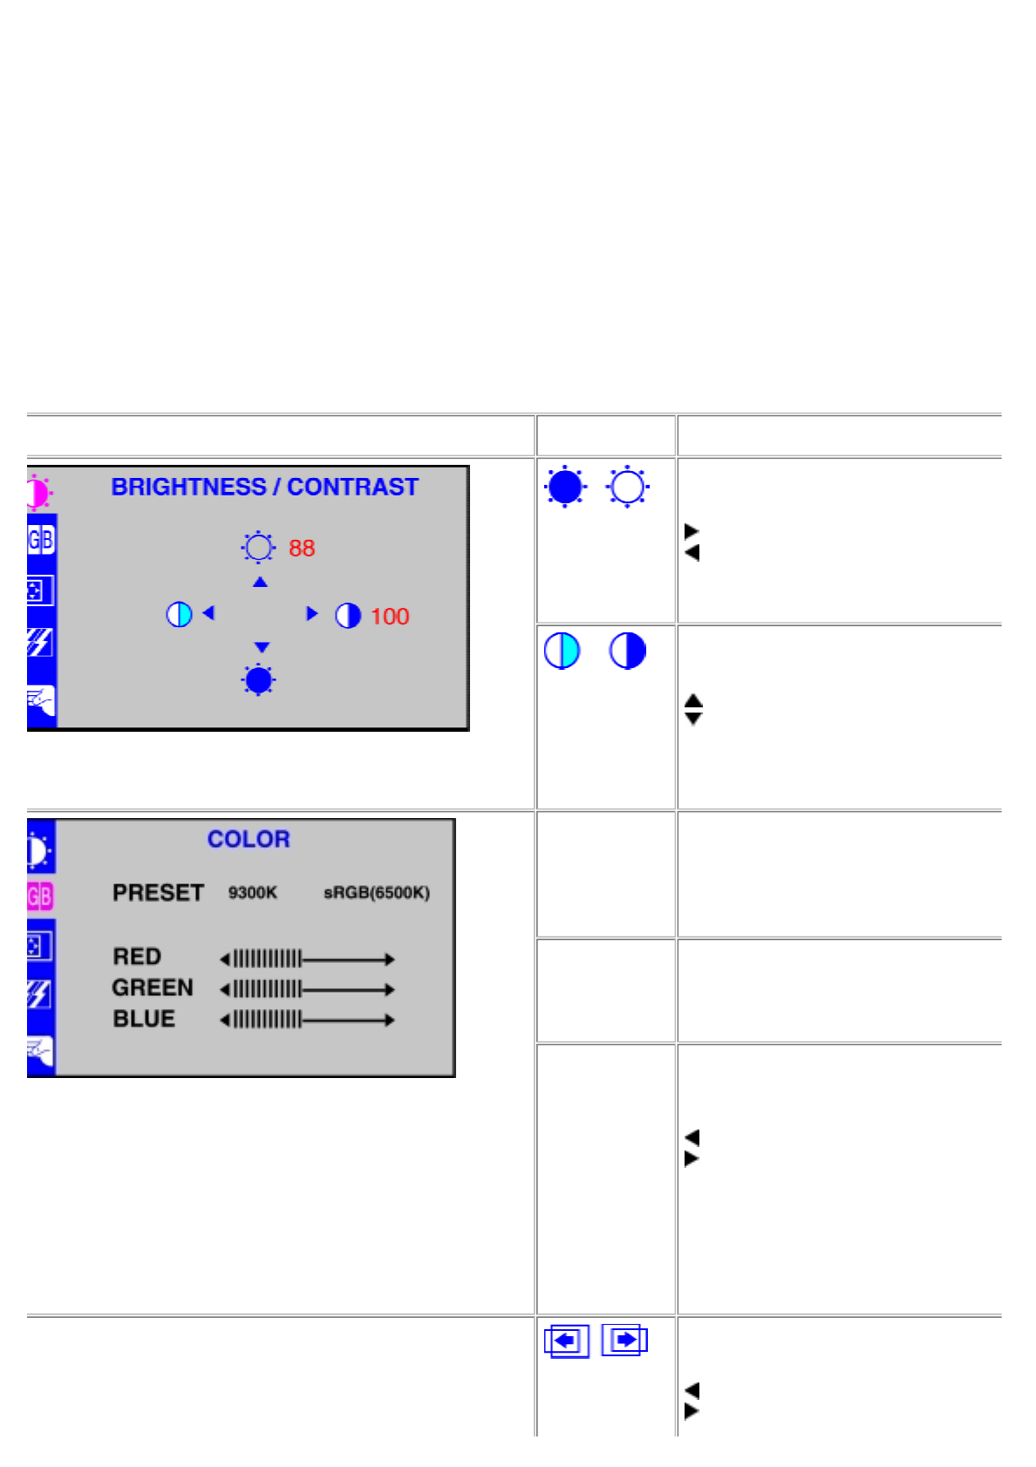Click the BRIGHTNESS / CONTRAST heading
tap(264, 487)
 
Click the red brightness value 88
tap(302, 548)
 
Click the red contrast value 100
tap(390, 617)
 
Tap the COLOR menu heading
tap(249, 839)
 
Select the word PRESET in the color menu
tap(158, 893)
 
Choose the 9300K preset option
tap(253, 893)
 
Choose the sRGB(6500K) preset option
tap(377, 893)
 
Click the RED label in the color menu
tap(137, 957)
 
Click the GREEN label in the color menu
tap(153, 988)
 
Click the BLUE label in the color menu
tap(144, 1019)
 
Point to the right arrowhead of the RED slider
tap(390, 959)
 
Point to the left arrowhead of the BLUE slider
tap(225, 1020)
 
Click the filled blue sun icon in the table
tap(565, 487)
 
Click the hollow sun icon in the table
tap(627, 487)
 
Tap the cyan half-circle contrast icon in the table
tap(562, 651)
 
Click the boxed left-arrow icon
tap(567, 1341)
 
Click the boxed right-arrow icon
tap(624, 1340)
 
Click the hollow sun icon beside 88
tap(258, 548)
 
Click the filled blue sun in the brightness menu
tap(259, 680)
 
